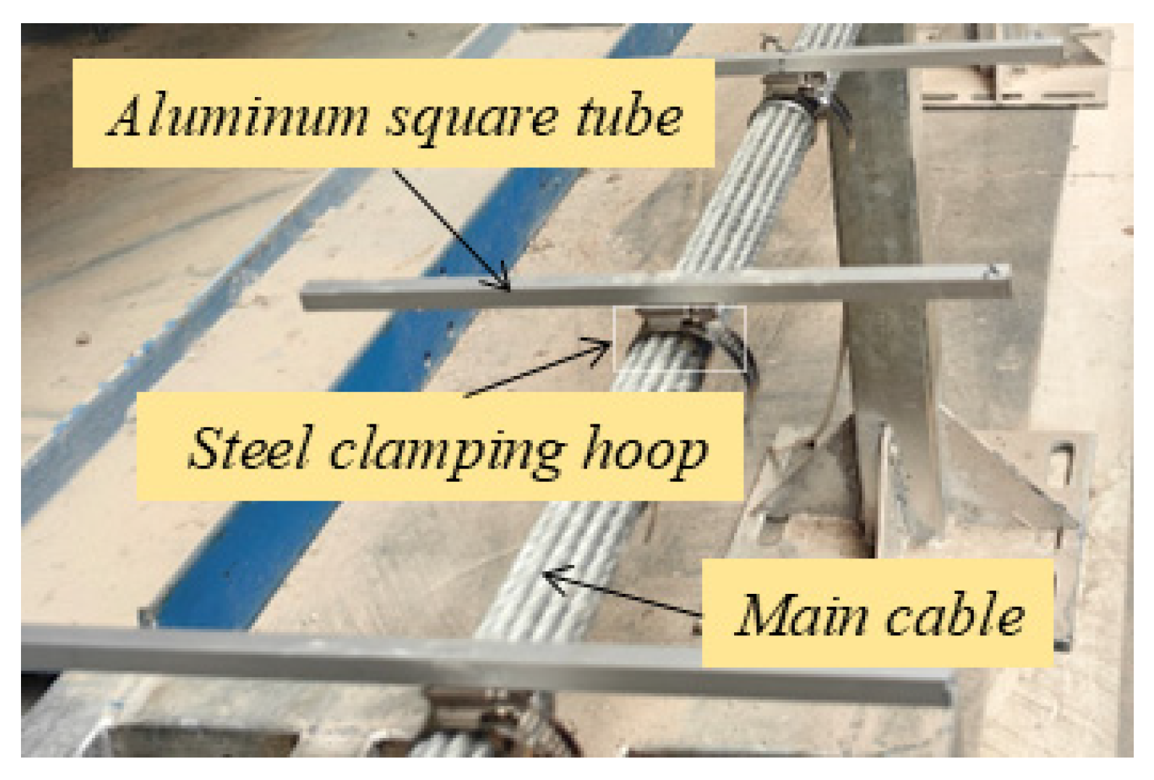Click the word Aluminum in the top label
tap(239, 116)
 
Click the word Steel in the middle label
tap(250, 447)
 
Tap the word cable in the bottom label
tap(955, 614)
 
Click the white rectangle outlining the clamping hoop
tap(679, 339)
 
